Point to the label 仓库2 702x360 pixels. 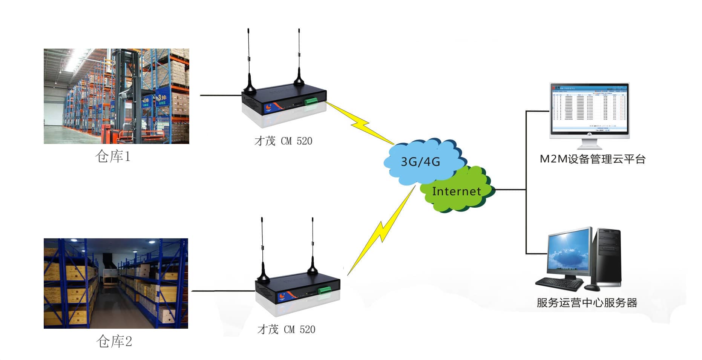pyautogui.click(x=114, y=342)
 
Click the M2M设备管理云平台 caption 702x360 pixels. pyautogui.click(x=592, y=159)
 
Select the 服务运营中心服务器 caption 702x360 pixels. pyautogui.click(x=587, y=303)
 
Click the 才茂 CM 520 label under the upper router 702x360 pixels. pyautogui.click(x=283, y=141)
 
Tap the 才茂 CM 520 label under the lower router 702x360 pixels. pyautogui.click(x=286, y=329)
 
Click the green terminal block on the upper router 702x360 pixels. pyautogui.click(x=311, y=101)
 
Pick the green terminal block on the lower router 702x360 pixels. pyautogui.click(x=324, y=290)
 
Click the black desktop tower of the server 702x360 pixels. pyautogui.click(x=608, y=256)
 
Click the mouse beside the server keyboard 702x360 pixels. pyautogui.click(x=592, y=288)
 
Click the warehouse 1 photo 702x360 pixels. pyautogui.click(x=116, y=96)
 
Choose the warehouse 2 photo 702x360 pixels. pyautogui.click(x=116, y=283)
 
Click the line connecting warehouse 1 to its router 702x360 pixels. pyautogui.click(x=221, y=95)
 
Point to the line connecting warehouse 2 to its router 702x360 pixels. pyautogui.click(x=223, y=291)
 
